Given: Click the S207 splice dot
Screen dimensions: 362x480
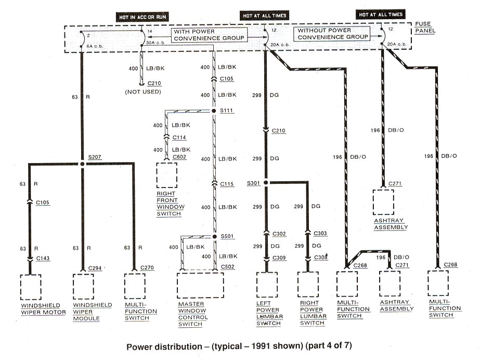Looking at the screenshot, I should click(82, 164).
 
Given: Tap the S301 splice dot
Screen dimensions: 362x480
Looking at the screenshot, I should click(265, 182).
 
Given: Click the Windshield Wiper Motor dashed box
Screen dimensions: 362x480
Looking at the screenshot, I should click(30, 286).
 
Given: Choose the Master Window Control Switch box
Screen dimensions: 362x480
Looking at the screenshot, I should click(200, 284).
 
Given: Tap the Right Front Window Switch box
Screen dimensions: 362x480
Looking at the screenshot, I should click(167, 175).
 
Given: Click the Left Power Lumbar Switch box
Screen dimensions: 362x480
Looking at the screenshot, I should click(267, 284).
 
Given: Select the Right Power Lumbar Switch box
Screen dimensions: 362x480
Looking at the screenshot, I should click(307, 284).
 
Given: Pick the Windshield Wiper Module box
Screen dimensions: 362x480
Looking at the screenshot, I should click(83, 286).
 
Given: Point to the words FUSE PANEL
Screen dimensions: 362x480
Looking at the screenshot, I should click(425, 28).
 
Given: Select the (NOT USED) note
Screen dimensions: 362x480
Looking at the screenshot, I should click(143, 91).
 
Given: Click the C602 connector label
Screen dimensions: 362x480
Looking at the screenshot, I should click(180, 156).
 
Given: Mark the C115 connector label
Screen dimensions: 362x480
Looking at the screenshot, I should click(227, 184).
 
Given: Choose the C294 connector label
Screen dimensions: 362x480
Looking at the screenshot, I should click(94, 268).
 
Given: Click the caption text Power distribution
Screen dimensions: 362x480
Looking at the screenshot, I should click(162, 345).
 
